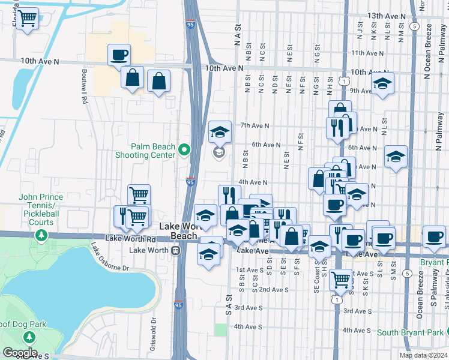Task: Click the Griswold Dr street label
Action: pos(154,328)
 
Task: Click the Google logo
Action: pos(20,353)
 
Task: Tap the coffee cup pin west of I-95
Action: pos(119,55)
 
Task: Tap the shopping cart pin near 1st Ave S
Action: pos(341,278)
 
